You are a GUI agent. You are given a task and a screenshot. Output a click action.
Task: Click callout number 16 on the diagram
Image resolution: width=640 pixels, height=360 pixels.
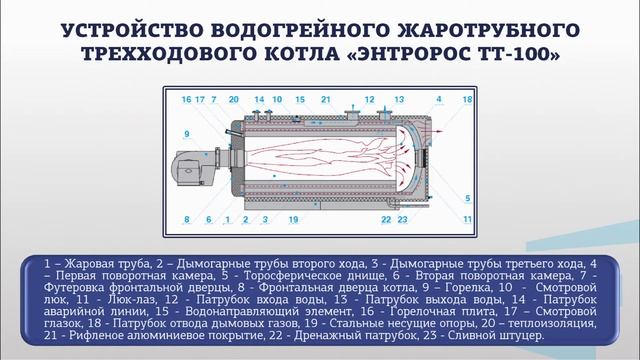[187, 100]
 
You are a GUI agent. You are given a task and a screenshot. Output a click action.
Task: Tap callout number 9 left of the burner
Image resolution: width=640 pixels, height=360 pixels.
[187, 132]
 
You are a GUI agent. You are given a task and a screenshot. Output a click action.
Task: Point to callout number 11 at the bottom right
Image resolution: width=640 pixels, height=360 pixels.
[467, 216]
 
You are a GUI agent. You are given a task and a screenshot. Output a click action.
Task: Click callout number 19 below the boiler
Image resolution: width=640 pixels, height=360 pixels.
[292, 217]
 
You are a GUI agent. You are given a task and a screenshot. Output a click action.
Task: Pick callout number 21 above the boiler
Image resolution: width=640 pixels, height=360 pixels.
[326, 100]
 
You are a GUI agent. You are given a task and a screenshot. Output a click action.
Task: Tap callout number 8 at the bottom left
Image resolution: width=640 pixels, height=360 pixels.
[187, 217]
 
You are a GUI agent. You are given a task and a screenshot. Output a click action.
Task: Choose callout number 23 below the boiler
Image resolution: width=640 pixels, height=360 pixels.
[402, 217]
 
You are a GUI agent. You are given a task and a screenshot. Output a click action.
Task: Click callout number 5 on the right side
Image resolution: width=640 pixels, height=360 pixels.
[467, 199]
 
